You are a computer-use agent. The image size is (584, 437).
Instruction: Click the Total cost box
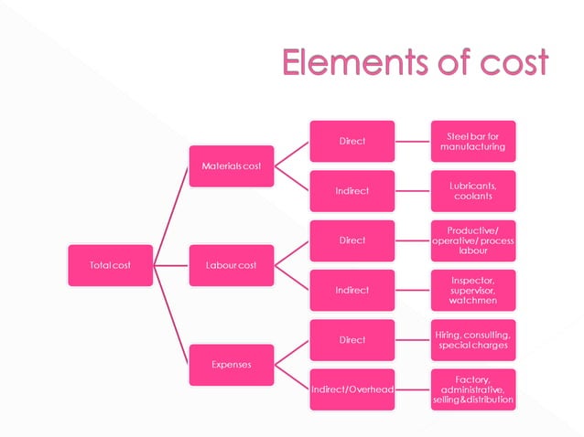110,265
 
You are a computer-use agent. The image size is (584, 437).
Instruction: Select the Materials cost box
231,165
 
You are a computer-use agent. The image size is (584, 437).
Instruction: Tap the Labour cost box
231,265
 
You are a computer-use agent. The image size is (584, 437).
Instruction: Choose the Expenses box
231,364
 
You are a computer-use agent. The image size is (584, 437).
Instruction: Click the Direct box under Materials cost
352,141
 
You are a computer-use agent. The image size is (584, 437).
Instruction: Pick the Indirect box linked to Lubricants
352,190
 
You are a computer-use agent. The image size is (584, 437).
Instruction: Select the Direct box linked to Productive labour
352,240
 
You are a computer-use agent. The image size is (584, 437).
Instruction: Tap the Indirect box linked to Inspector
352,290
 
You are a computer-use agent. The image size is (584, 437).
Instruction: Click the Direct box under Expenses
352,340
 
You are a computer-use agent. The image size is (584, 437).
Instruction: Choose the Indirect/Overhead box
352,389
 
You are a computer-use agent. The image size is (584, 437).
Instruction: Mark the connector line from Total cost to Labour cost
170,265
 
